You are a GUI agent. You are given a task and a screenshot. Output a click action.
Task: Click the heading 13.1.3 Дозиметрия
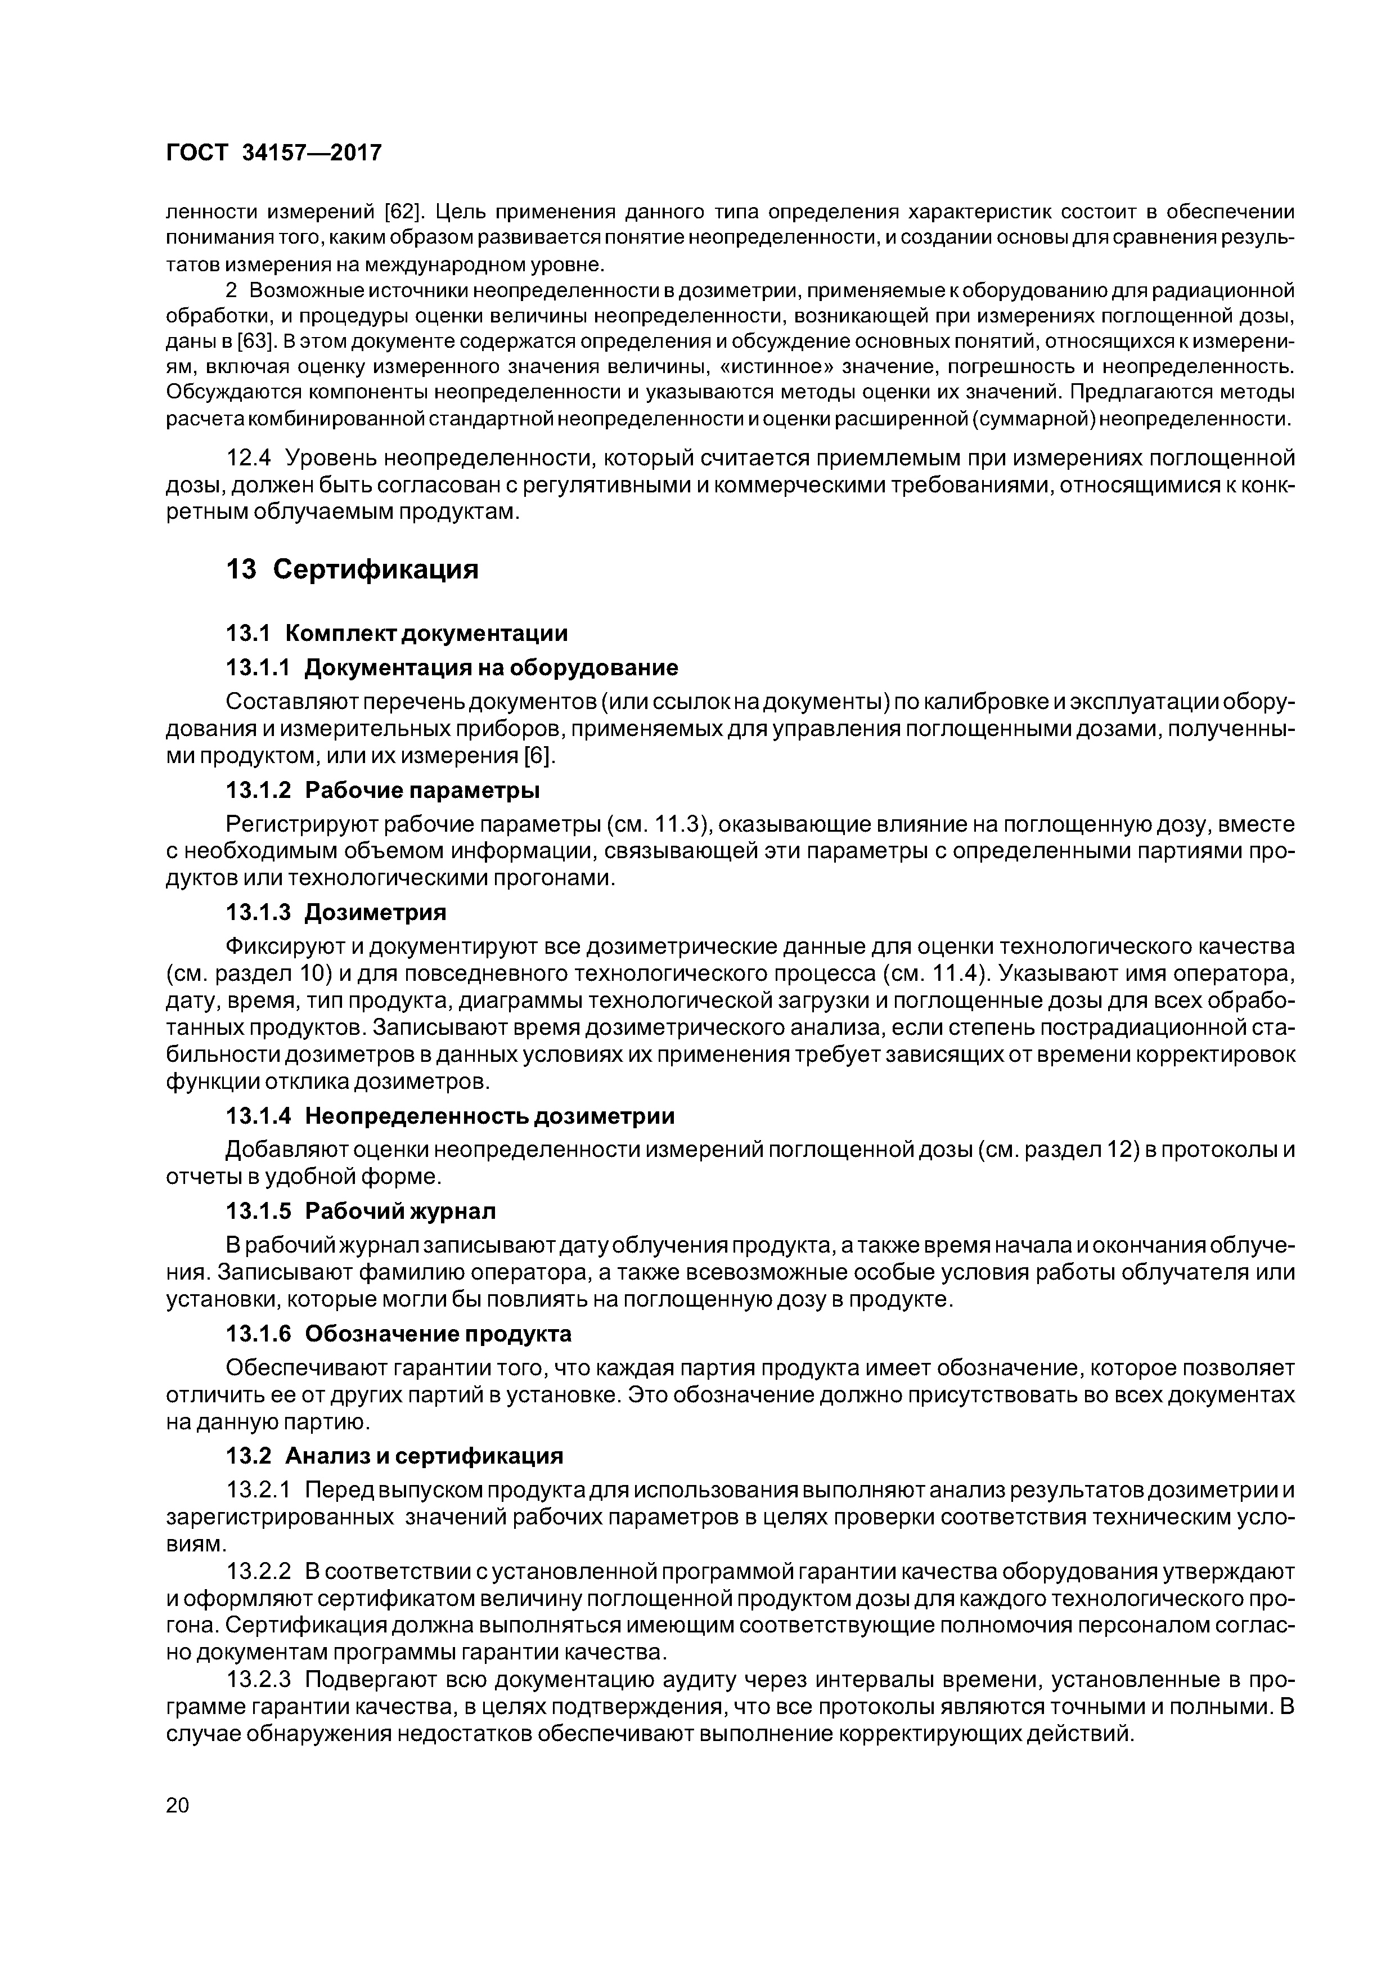[336, 912]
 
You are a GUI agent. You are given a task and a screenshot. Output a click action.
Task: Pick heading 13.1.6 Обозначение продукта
[398, 1334]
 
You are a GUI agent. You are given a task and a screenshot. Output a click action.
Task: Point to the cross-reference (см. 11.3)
[658, 824]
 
